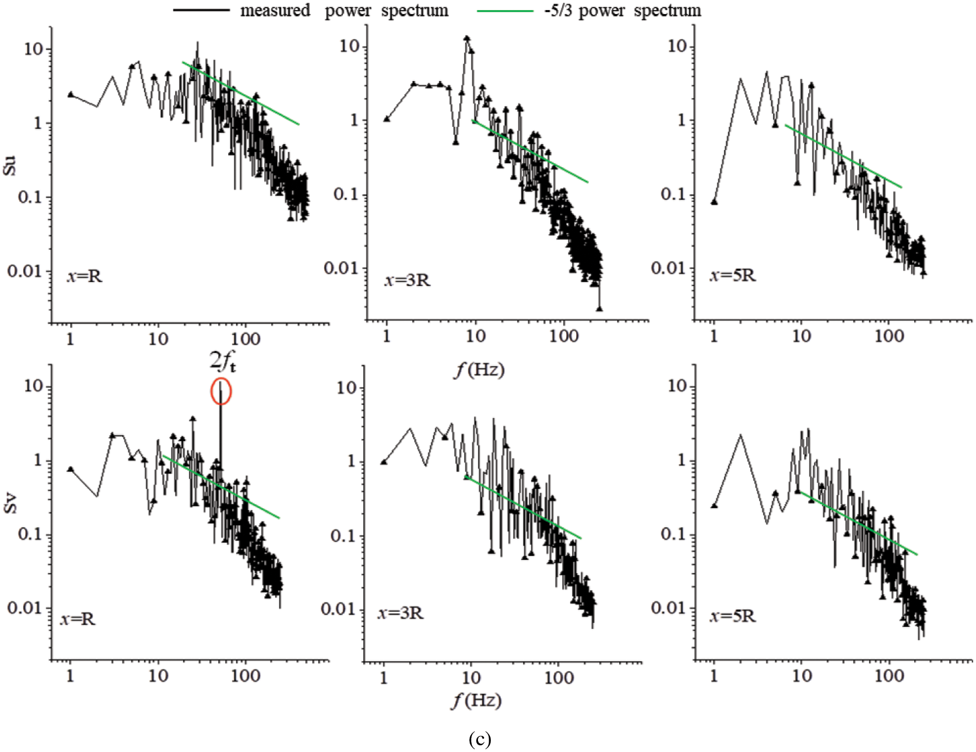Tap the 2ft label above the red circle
(x=222, y=361)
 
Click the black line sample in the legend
(x=201, y=11)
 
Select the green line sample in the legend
(x=505, y=11)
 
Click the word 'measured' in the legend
(x=275, y=11)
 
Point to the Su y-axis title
(x=9, y=166)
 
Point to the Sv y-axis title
(x=9, y=503)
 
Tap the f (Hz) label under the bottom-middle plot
(x=476, y=700)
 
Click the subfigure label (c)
(x=480, y=739)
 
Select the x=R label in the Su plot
(x=85, y=276)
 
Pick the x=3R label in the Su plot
(x=407, y=279)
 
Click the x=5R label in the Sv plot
(x=732, y=616)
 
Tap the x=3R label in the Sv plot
(x=400, y=613)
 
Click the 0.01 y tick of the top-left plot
(x=25, y=272)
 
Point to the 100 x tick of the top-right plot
(x=889, y=336)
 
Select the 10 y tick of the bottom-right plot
(x=677, y=386)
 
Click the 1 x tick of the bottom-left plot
(x=70, y=676)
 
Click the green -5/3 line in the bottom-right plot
(x=859, y=524)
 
